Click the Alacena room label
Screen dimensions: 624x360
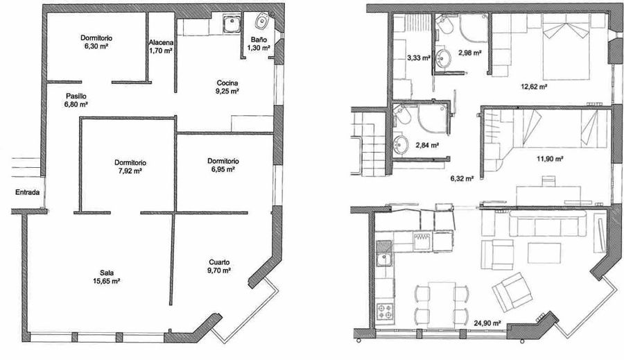(x=161, y=42)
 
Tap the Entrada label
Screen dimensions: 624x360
(x=28, y=192)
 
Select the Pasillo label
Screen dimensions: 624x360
(x=76, y=96)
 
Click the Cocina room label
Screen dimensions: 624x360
(x=227, y=83)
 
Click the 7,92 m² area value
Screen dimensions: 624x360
(x=130, y=171)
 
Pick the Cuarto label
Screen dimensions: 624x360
(x=219, y=262)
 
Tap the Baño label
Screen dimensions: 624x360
(x=259, y=40)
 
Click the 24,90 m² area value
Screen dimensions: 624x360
(x=487, y=323)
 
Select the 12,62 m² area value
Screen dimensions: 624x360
(x=533, y=86)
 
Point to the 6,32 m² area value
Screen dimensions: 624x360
(x=462, y=179)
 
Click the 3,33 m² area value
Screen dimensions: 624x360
(x=419, y=58)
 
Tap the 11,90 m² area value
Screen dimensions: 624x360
(x=550, y=158)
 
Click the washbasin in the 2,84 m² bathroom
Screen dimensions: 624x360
(x=401, y=144)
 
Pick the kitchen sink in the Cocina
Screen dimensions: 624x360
(x=232, y=24)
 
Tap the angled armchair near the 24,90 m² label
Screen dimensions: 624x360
(x=512, y=292)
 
